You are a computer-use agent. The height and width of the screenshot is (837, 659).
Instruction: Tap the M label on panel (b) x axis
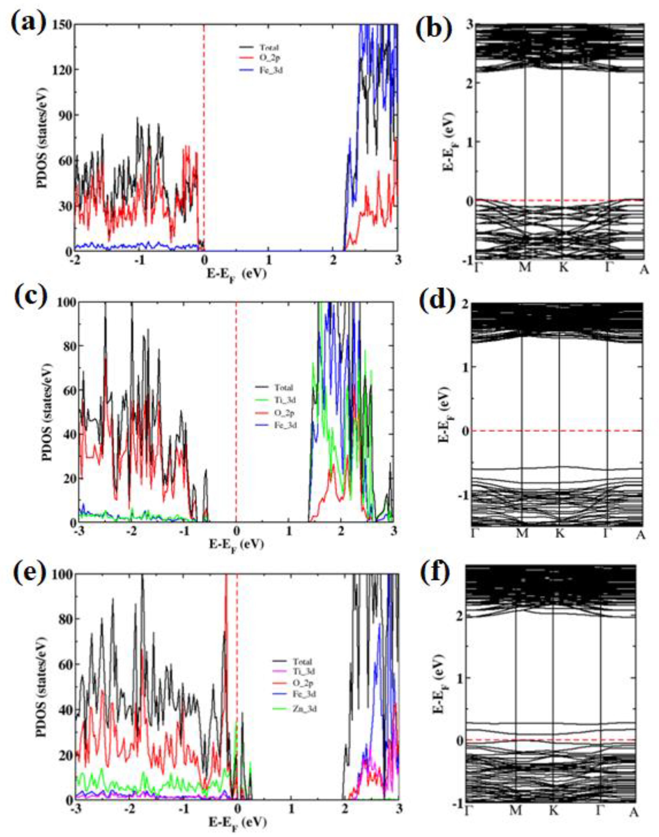coord(525,267)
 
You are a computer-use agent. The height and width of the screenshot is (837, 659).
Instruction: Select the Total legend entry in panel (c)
coord(284,387)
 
